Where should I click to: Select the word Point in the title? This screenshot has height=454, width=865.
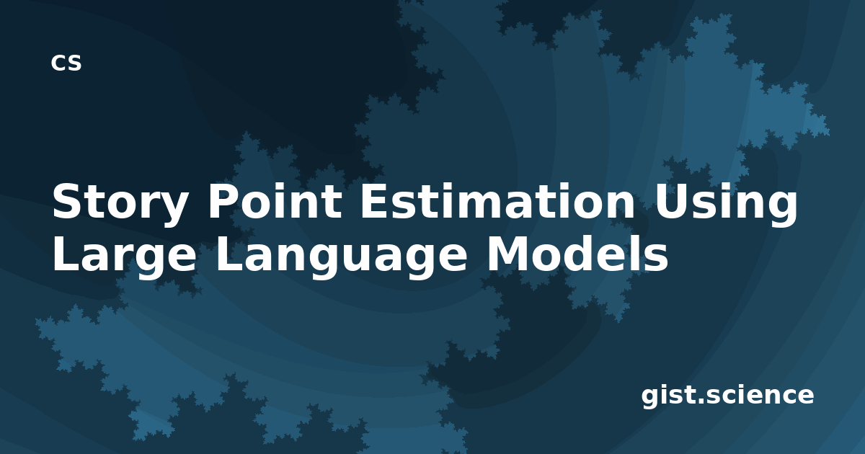click(x=275, y=201)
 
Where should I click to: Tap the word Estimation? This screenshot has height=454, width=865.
click(x=497, y=201)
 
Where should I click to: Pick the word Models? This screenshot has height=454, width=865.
click(x=577, y=253)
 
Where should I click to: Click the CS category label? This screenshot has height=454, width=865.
click(x=66, y=63)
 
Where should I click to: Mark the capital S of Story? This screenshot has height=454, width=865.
click(x=67, y=201)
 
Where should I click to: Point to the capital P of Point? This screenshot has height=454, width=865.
click(x=223, y=201)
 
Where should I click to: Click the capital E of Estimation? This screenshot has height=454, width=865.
click(x=373, y=201)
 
